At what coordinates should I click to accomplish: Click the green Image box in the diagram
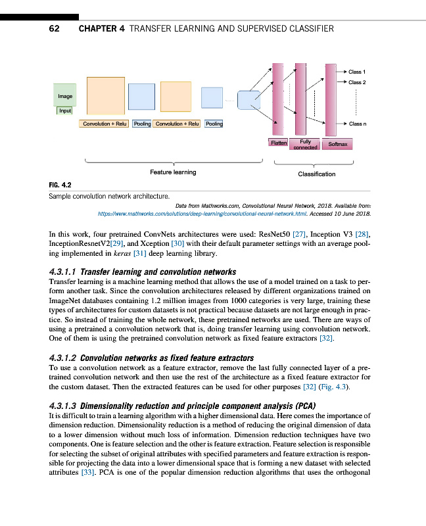click(x=65, y=95)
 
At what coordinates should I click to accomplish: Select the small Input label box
click(x=65, y=110)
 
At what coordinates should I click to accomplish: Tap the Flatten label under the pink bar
click(x=278, y=142)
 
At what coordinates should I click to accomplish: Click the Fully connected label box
click(x=305, y=144)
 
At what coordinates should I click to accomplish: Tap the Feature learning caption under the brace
click(x=173, y=172)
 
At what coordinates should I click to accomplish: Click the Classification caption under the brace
click(x=316, y=174)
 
